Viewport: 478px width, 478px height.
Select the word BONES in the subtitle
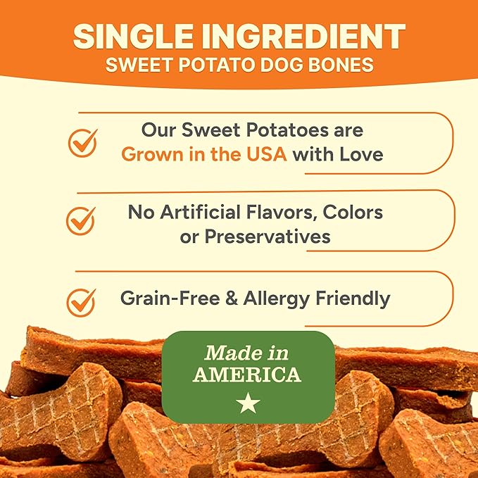click(341, 65)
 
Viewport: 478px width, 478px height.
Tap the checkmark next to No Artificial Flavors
click(81, 220)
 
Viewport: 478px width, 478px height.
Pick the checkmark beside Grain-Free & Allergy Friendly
click(81, 301)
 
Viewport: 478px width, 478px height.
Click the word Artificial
click(209, 211)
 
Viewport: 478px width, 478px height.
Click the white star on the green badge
click(248, 403)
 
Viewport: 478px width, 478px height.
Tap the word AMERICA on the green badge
click(247, 374)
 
